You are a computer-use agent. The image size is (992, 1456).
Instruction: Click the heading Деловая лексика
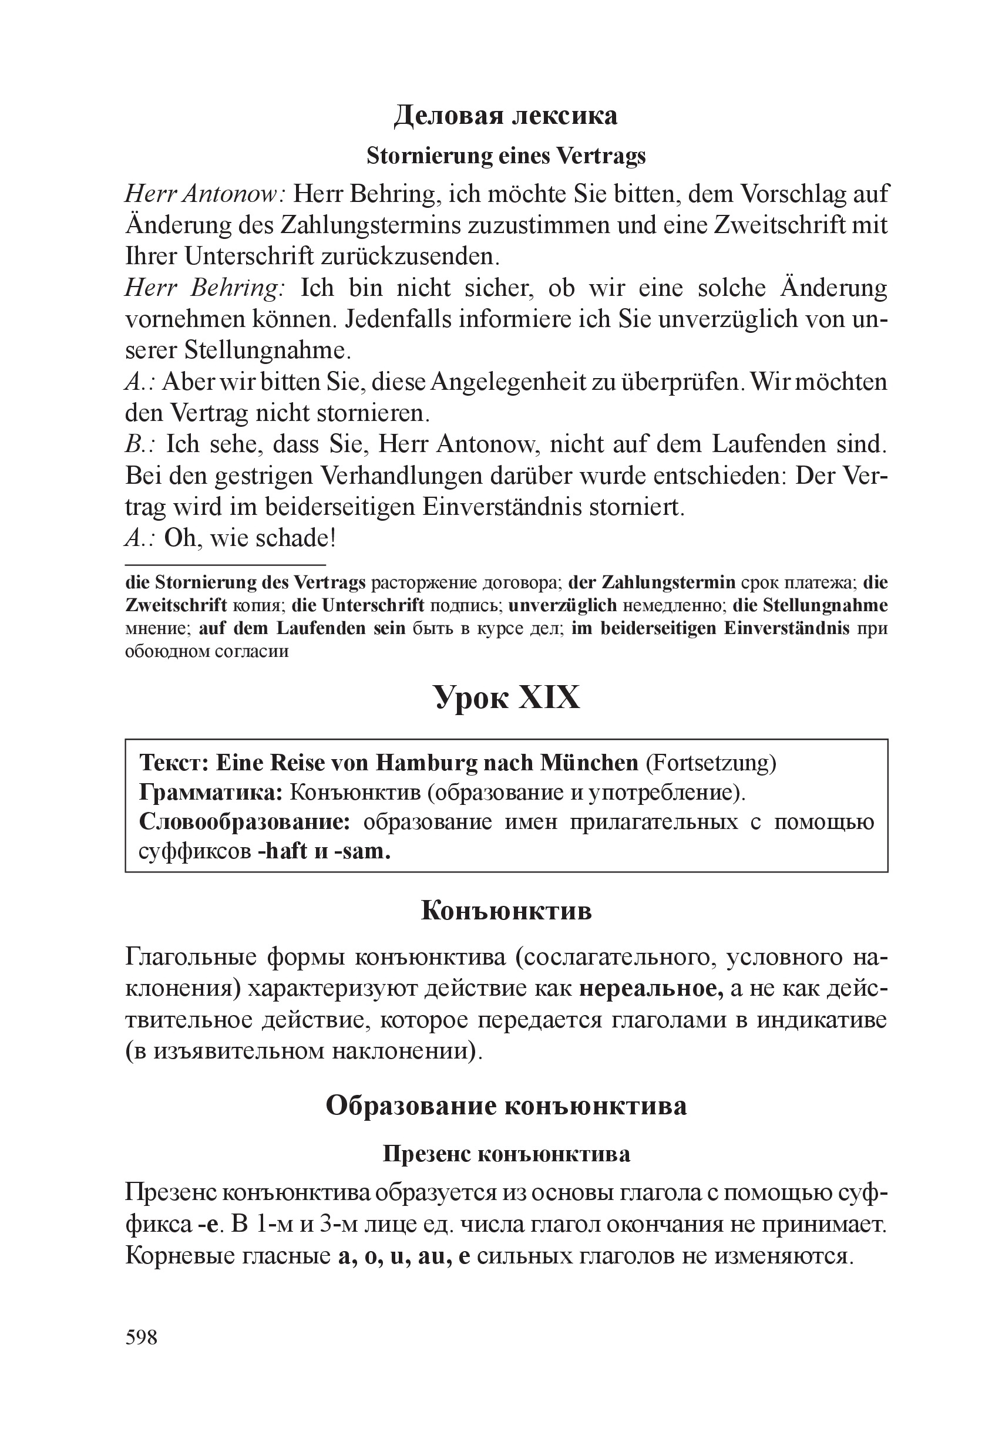pos(505,116)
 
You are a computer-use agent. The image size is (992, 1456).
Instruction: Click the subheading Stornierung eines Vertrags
pos(506,156)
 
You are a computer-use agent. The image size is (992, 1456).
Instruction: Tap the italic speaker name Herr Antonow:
pos(206,194)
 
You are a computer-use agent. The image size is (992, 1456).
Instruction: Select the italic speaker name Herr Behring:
pos(206,288)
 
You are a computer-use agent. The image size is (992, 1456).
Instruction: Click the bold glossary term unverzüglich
pos(562,606)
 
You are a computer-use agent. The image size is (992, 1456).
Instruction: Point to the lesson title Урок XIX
pos(507,698)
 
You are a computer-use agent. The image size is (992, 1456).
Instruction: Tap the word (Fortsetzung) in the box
pos(711,763)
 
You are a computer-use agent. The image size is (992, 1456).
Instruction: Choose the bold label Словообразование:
pos(244,822)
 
